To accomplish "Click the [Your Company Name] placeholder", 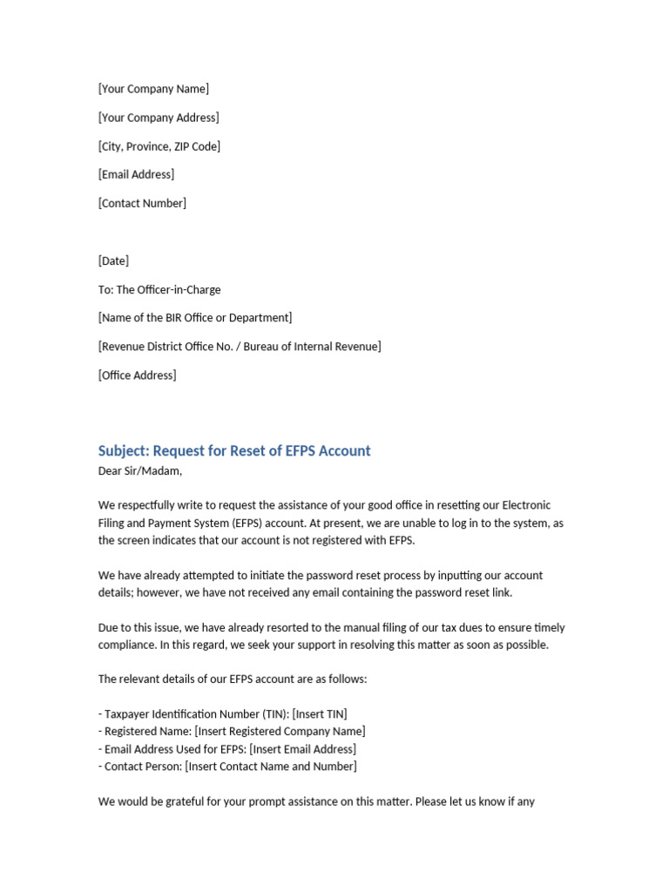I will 153,89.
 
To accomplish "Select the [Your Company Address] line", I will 159,118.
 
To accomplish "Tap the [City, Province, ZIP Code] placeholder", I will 159,146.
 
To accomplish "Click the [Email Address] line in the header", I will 136,174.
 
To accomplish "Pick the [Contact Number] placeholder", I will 142,203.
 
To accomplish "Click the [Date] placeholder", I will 113,260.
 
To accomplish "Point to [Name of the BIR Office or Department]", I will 195,318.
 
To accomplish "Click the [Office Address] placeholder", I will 137,375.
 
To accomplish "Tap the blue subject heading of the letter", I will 234,450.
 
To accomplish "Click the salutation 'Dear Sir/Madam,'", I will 140,471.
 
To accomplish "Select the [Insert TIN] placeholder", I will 321,714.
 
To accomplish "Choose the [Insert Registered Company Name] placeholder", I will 280,732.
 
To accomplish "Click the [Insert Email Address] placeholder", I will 302,749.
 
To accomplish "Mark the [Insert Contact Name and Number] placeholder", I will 271,767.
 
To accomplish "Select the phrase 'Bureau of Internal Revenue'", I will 311,347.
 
